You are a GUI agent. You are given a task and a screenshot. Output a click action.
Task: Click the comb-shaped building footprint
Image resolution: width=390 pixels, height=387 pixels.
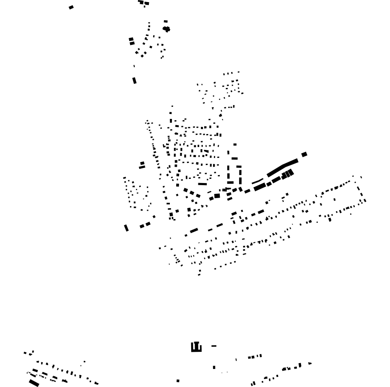196,348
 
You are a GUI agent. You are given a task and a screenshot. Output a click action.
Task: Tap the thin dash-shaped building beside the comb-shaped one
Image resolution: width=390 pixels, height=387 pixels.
214,346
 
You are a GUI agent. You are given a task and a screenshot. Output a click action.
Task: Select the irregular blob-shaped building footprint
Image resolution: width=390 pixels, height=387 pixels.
166,29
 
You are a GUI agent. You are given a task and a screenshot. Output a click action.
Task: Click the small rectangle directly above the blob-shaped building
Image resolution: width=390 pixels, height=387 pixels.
166,21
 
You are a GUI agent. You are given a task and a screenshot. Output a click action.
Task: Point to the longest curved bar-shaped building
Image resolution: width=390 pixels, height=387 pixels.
283,167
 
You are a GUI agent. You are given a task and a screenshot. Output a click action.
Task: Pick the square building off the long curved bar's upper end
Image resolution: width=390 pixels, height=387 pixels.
304,155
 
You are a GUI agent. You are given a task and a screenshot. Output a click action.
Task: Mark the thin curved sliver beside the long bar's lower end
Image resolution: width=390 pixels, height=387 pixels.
257,181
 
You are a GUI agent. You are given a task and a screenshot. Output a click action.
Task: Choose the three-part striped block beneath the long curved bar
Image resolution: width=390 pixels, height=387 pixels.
288,174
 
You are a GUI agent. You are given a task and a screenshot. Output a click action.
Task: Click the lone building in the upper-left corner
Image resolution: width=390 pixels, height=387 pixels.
71,7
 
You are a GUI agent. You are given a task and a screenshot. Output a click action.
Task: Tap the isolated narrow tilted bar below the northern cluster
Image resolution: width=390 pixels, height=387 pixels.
134,80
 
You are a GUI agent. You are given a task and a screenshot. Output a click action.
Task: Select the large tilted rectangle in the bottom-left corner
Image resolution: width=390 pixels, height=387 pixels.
34,383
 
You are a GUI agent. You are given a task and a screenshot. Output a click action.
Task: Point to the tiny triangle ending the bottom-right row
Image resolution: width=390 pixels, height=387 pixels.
310,363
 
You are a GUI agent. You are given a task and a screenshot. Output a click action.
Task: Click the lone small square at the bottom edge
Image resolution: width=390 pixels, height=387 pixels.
178,381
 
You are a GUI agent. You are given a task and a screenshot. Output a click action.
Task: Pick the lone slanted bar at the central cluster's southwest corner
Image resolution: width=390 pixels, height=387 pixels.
126,228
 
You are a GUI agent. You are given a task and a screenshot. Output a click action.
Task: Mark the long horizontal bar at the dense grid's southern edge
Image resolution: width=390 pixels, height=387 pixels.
203,184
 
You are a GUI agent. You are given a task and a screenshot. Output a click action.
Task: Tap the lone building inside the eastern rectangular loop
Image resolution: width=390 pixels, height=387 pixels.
334,199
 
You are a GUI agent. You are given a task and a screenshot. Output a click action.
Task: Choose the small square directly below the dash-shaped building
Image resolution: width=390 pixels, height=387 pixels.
214,367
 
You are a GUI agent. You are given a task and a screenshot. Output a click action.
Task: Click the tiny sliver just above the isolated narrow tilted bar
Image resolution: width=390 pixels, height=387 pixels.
134,66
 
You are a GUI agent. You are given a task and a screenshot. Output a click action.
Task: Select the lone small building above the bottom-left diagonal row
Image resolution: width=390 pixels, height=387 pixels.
84,361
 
